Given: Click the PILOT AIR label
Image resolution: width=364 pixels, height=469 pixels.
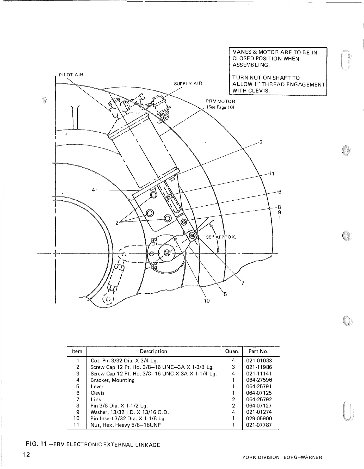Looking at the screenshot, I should click(71, 75).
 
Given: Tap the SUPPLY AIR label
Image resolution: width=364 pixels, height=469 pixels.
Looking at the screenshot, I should click(188, 84).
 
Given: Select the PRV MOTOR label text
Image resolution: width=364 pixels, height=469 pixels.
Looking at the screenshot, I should click(220, 101).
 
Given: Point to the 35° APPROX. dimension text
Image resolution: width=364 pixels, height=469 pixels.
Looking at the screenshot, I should click(221, 237).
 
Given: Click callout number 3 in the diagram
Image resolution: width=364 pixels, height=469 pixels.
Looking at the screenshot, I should click(261, 142).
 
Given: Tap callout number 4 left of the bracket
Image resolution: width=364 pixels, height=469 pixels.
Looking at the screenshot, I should click(93, 190).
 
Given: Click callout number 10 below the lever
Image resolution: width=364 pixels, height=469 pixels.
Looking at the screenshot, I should click(207, 301).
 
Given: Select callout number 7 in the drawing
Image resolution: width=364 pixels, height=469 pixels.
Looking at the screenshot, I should click(243, 283).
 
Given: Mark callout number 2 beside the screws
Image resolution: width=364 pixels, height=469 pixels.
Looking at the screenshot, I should click(117, 223).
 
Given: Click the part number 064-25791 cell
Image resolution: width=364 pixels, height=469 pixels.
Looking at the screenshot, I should click(259, 386).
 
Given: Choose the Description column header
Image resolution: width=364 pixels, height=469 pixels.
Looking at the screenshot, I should click(153, 351).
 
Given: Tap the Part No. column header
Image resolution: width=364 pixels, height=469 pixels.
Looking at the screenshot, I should click(258, 351).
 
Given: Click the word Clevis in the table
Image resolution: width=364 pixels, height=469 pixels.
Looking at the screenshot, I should click(97, 393).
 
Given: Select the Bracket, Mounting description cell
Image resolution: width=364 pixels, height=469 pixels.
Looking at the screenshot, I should click(113, 380).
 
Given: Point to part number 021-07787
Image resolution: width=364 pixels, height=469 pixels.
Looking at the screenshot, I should click(259, 425).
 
